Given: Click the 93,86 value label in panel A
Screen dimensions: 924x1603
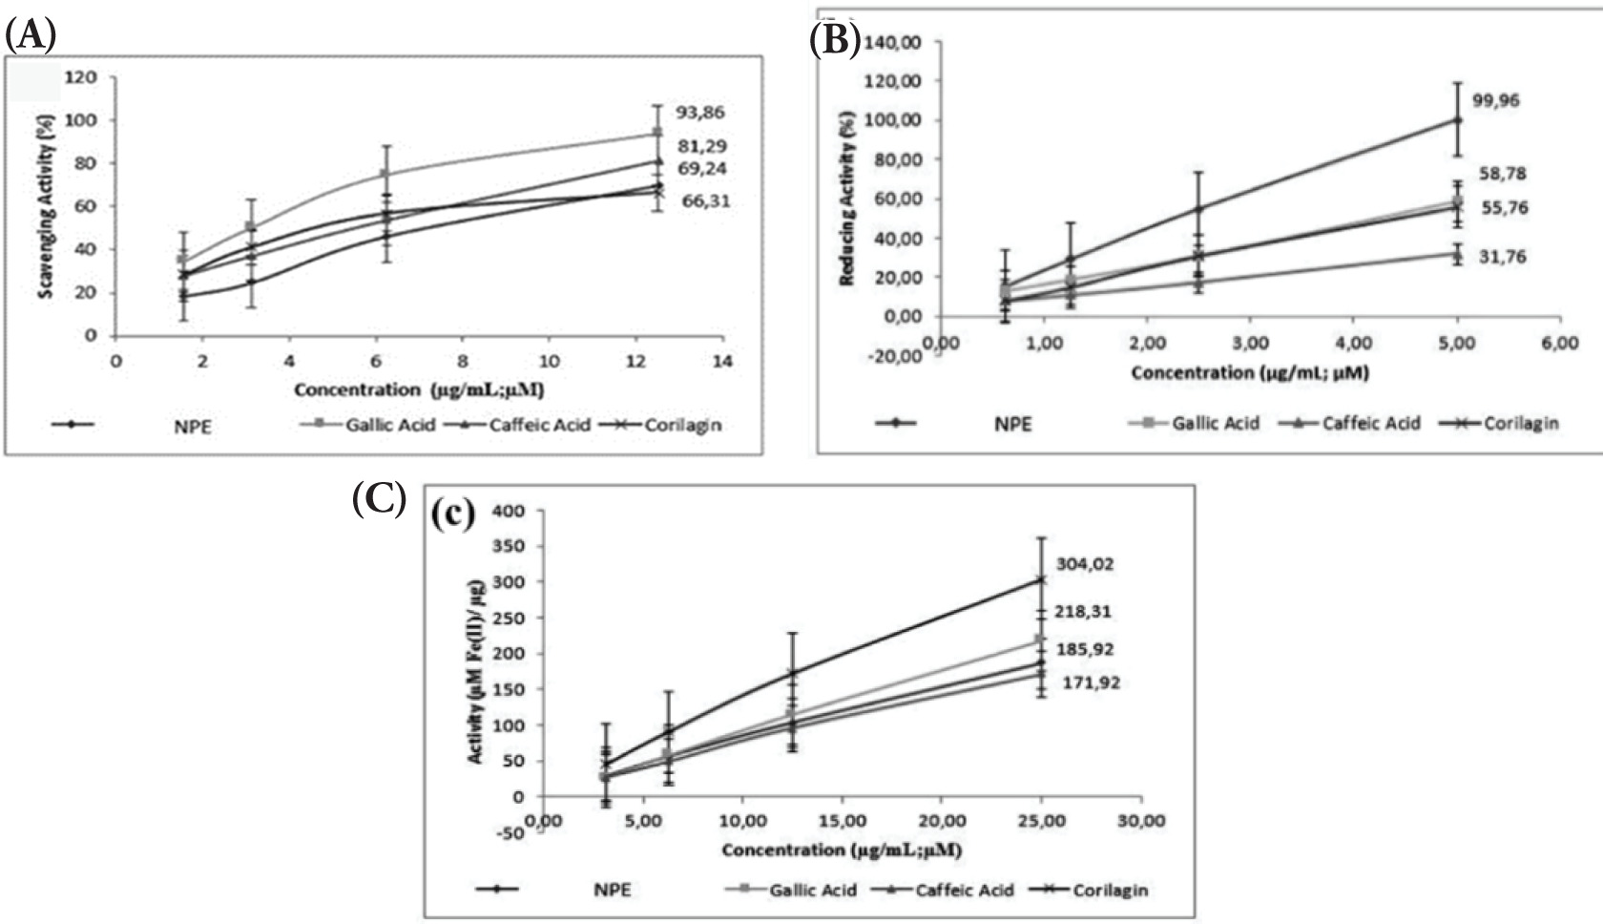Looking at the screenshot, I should (700, 113).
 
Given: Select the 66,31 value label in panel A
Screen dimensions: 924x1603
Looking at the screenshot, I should (707, 201).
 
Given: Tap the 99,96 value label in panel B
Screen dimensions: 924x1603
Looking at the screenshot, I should (1496, 100).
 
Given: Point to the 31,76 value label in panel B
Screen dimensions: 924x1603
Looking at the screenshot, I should (1500, 257).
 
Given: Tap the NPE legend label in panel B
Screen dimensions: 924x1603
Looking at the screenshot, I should (1013, 424).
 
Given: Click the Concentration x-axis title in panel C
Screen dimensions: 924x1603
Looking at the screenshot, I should (841, 849).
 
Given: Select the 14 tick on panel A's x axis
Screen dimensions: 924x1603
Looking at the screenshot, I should (723, 362).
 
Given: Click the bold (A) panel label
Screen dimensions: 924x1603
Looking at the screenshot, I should (31, 36).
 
